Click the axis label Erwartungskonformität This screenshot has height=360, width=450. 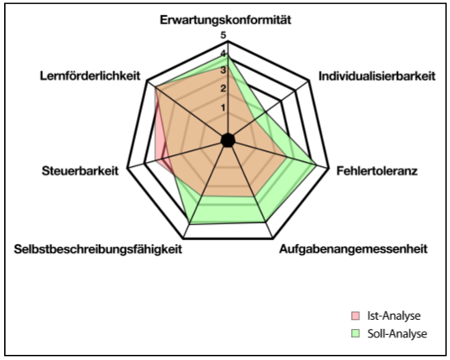(x=225, y=20)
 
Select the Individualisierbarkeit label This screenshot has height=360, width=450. (x=377, y=76)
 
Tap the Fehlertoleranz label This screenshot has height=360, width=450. (x=377, y=171)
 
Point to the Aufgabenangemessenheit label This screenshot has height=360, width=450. (x=353, y=249)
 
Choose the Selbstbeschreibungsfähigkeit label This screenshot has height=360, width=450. (x=98, y=249)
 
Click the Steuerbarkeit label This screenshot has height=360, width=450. (x=80, y=171)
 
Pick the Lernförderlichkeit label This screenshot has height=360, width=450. (x=90, y=76)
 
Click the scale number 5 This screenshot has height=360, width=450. (x=223, y=35)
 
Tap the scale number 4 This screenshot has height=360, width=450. (x=223, y=54)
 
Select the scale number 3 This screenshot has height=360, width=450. (x=223, y=70)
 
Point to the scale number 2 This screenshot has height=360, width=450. (x=223, y=89)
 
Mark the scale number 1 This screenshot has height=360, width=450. (x=223, y=108)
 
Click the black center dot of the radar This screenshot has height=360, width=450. (x=228, y=140)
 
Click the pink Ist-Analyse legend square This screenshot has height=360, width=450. (x=355, y=316)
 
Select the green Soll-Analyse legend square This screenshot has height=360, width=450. (x=355, y=333)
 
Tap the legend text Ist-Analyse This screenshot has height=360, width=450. (x=394, y=316)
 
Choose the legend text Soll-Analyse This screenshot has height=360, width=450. (x=397, y=334)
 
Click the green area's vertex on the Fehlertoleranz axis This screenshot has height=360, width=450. (x=316, y=164)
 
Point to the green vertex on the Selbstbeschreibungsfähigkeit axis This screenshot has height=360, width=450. (x=190, y=224)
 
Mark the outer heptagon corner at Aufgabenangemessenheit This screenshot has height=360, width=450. (x=273, y=237)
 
